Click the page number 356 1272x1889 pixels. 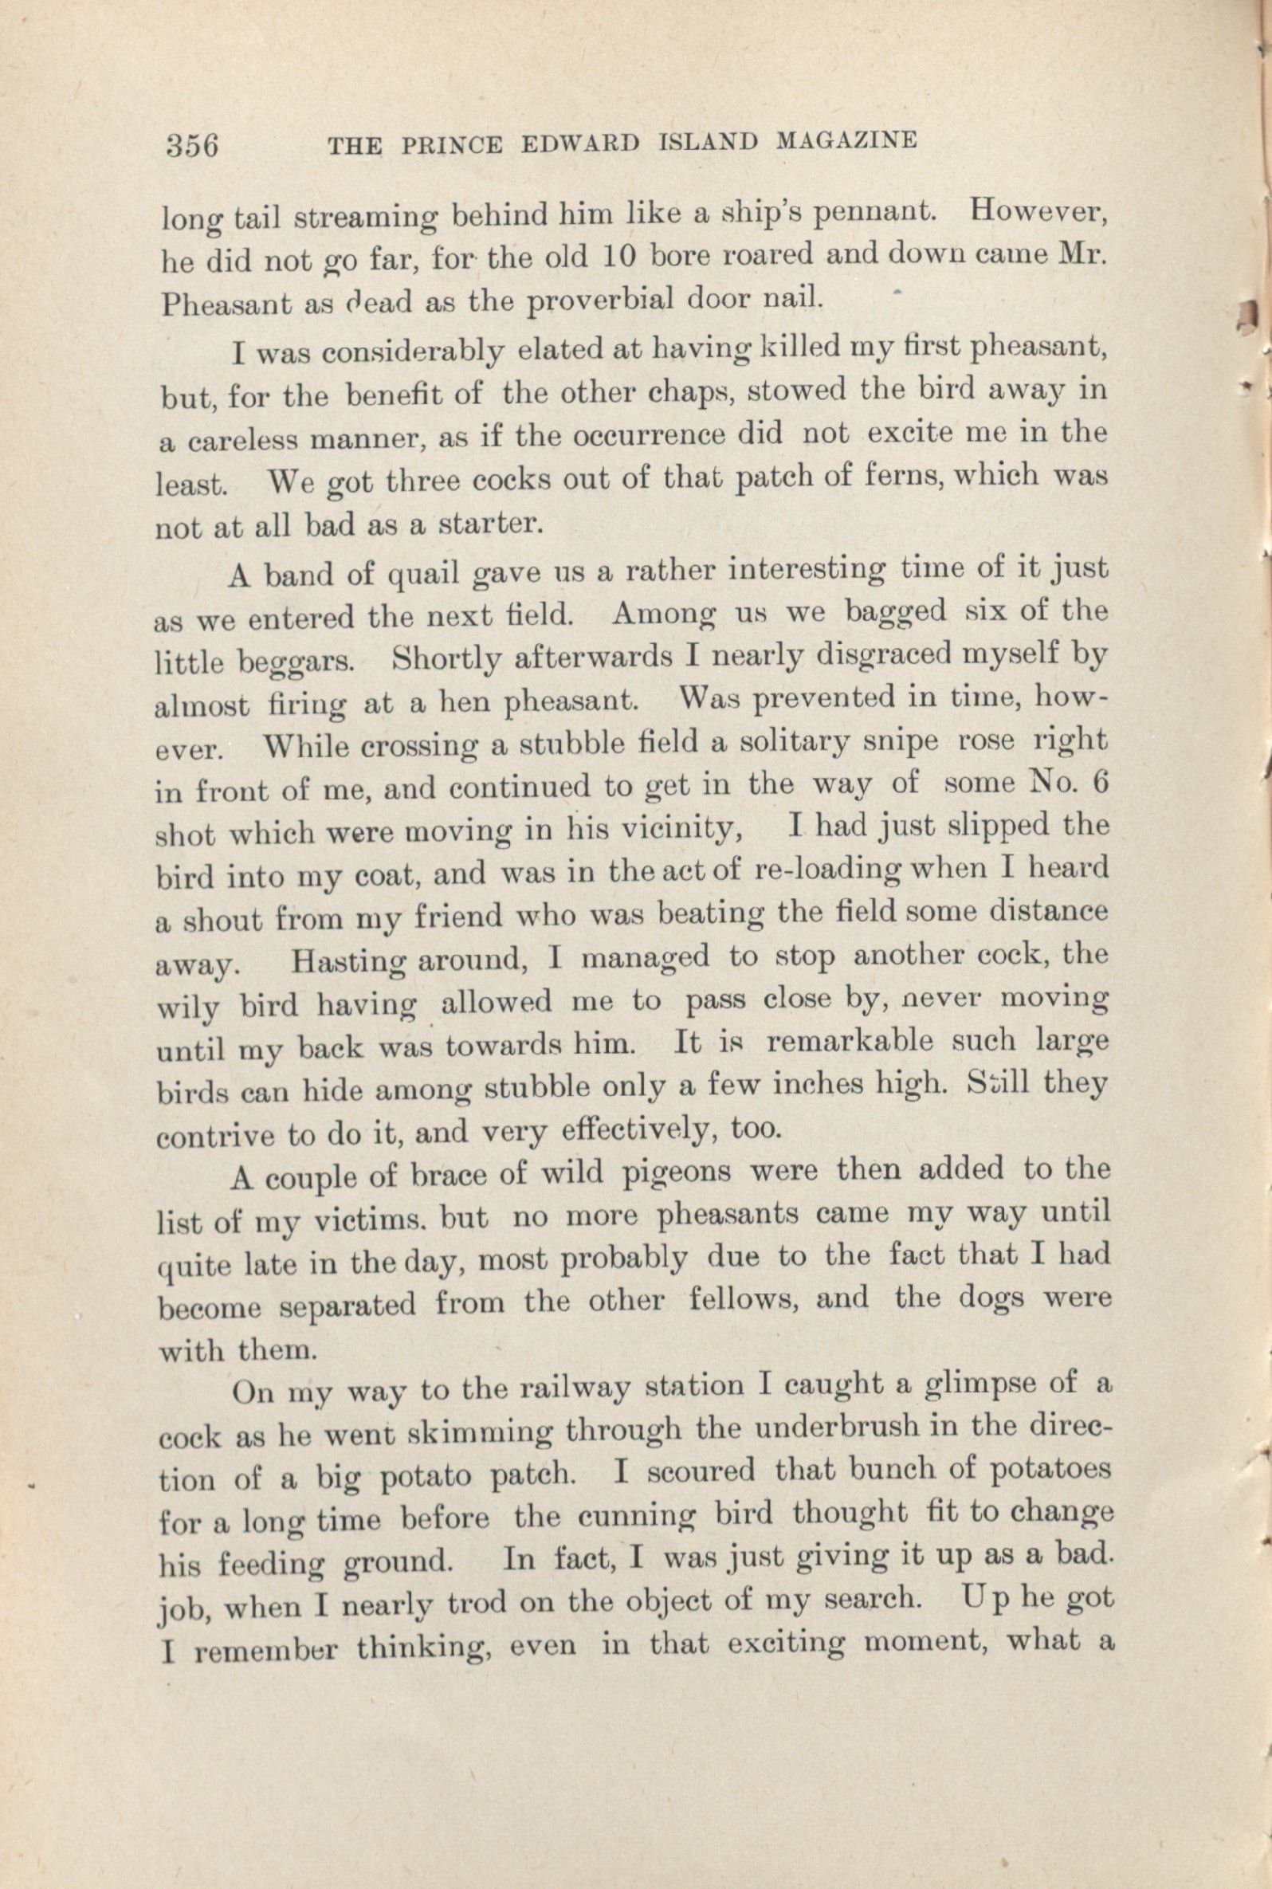click(192, 145)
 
